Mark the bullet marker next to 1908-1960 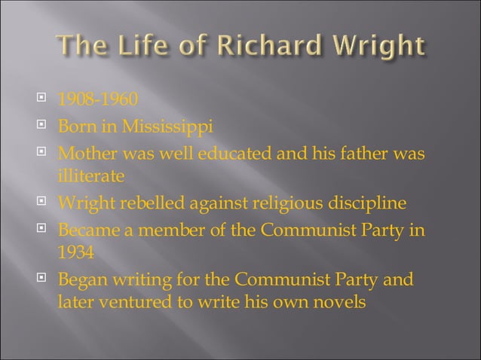coord(42,99)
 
